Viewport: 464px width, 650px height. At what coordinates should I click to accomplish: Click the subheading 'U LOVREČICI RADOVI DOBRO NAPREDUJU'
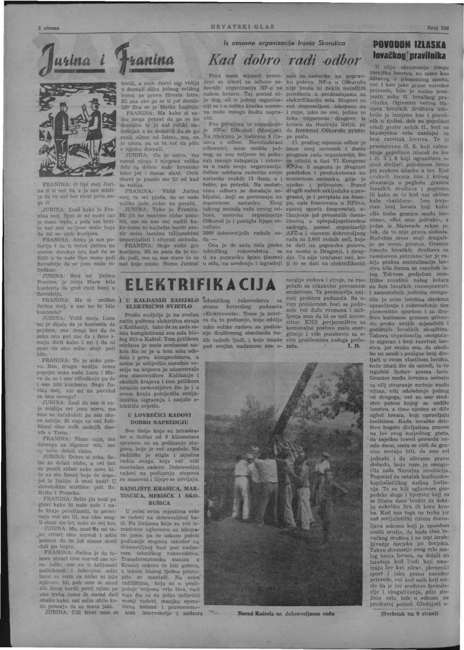pyautogui.click(x=158, y=418)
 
